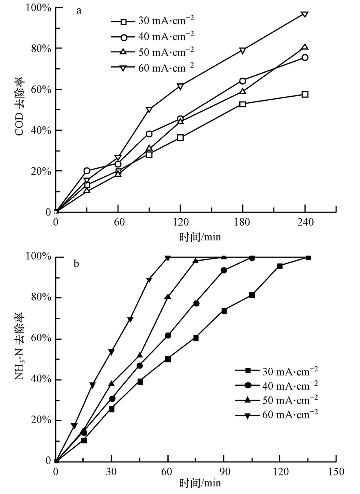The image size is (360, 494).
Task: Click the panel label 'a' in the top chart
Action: point(79,11)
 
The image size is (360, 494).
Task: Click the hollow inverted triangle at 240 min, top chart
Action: point(305,14)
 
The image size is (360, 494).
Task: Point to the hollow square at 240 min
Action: point(305,94)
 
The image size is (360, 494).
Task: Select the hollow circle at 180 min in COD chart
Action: point(242,81)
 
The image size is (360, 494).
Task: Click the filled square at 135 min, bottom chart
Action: point(308,258)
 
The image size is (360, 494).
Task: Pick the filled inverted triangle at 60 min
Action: point(168,258)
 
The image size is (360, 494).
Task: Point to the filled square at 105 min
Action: point(252,295)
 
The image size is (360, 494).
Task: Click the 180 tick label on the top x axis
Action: point(242,222)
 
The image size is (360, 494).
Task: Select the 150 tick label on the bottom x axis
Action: point(336,472)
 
